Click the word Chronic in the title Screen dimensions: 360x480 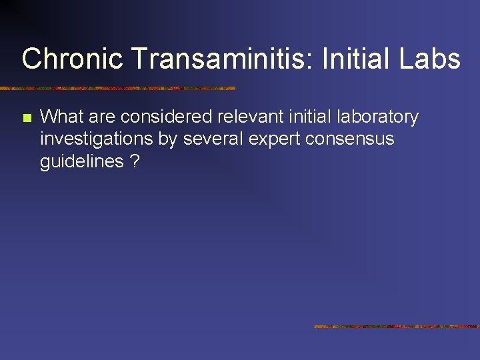[73, 59]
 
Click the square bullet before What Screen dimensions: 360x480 [26, 119]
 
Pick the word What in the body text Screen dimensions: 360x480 [61, 117]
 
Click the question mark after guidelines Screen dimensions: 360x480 [135, 161]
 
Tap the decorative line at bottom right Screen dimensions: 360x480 [396, 327]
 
